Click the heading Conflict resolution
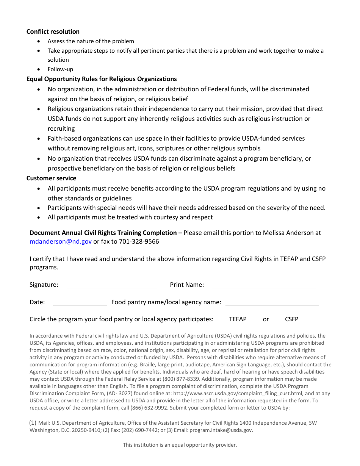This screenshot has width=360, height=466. click(53, 31)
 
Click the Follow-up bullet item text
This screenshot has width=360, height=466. click(60, 69)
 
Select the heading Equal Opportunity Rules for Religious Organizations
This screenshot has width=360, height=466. click(101, 79)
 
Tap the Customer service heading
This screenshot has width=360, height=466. click(51, 178)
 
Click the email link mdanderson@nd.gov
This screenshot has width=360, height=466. click(61, 242)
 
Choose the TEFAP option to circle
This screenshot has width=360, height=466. click(238, 319)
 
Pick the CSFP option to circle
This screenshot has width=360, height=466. click(291, 319)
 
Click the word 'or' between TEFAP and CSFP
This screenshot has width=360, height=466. click(266, 319)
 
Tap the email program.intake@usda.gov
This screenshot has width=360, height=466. click(221, 430)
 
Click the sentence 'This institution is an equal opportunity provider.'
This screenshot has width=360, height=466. click(180, 445)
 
